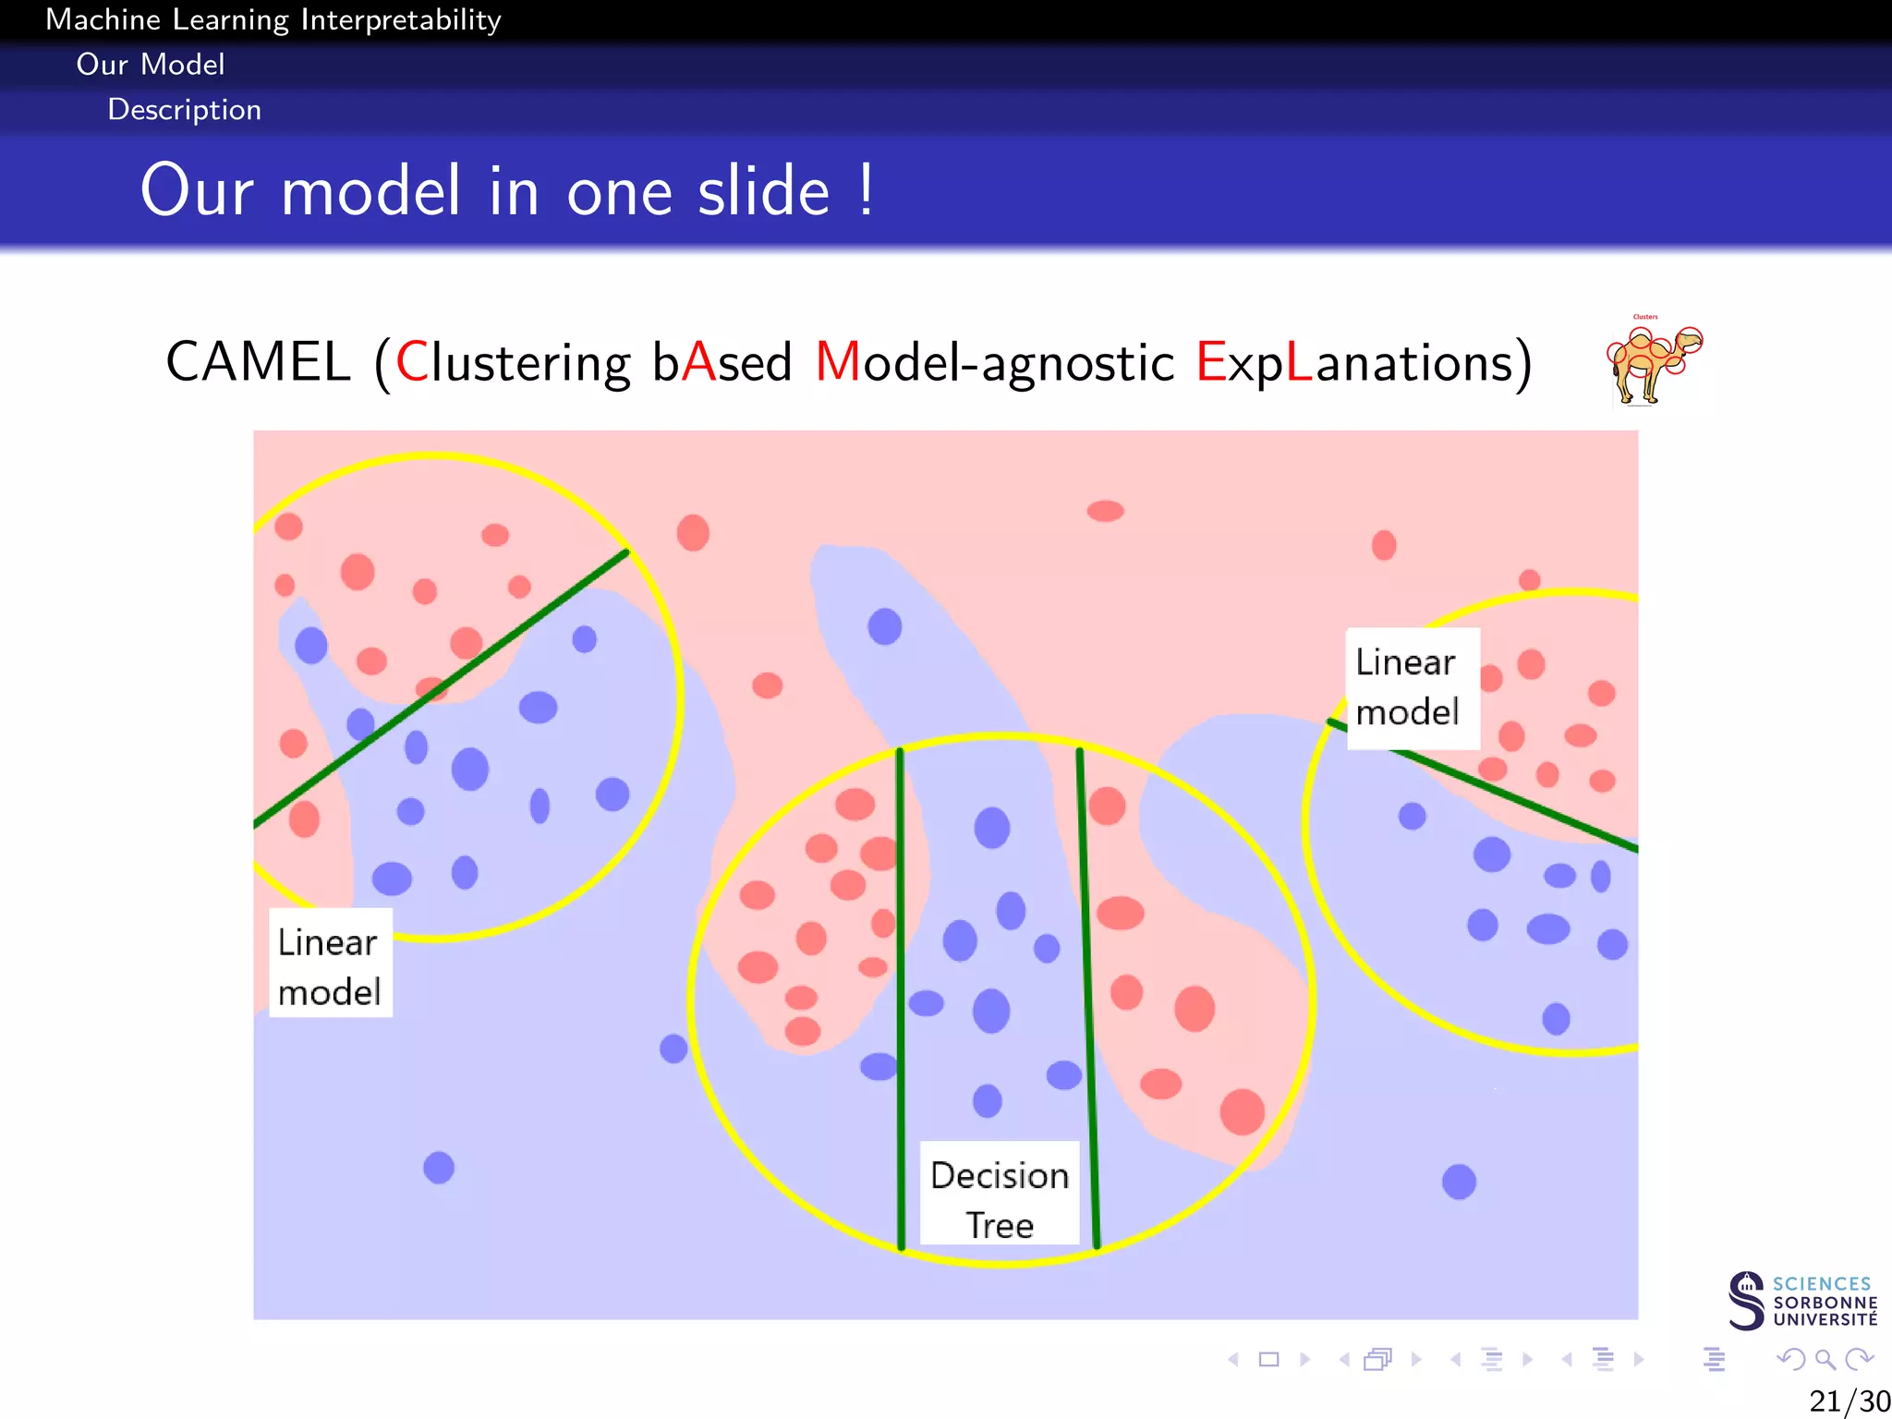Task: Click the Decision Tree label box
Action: [1000, 1199]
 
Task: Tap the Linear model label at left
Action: [330, 965]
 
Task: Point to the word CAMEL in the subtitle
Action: [258, 362]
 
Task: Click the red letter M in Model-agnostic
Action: [837, 362]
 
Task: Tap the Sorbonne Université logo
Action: [1801, 1300]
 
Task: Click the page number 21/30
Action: [1848, 1401]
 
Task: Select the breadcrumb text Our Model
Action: [151, 65]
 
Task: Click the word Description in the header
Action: [185, 110]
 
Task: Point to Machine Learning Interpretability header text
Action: [273, 19]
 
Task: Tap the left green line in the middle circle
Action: [901, 998]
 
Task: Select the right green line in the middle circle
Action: [1087, 998]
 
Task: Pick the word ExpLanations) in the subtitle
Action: [1364, 362]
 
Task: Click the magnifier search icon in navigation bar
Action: [1825, 1359]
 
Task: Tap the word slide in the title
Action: [763, 191]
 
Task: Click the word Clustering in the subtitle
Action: [514, 362]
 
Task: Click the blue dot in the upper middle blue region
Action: [884, 626]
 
